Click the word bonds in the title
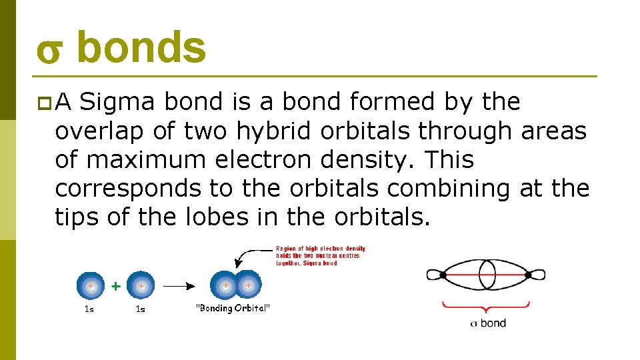click(x=141, y=48)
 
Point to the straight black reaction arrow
click(x=179, y=285)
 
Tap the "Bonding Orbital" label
click(x=233, y=308)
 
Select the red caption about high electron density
click(x=320, y=255)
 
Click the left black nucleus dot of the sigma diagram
click(x=443, y=275)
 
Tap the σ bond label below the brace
click(x=488, y=323)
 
